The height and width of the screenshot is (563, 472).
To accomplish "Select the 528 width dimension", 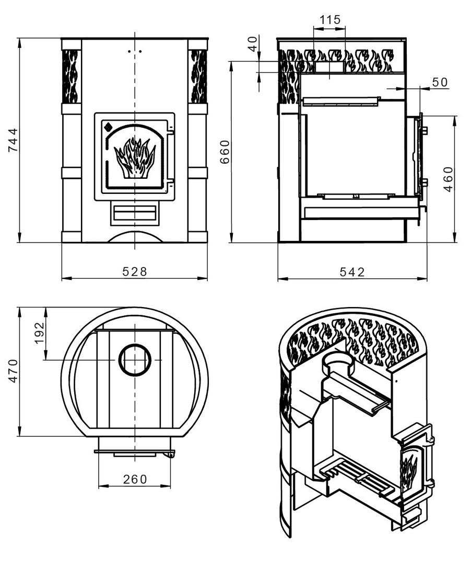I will pos(135,272).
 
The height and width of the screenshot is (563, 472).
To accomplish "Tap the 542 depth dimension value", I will pos(352,272).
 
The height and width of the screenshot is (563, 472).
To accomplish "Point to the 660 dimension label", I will pos(225,152).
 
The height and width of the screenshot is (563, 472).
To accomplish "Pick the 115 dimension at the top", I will pos(329,20).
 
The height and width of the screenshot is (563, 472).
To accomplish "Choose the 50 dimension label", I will pos(440,82).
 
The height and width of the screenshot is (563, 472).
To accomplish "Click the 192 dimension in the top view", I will pos(40,333).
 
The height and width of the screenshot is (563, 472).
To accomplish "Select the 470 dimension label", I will pos(14,371).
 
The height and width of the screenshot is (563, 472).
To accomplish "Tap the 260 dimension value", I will pos(135,479).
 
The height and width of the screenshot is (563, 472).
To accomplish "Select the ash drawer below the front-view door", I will pos(135,214).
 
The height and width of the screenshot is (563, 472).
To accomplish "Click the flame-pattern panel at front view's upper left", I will pos(71,76).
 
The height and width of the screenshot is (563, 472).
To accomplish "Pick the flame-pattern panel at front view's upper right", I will pos(198,76).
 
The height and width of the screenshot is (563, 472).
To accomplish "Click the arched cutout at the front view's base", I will pos(135,238).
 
